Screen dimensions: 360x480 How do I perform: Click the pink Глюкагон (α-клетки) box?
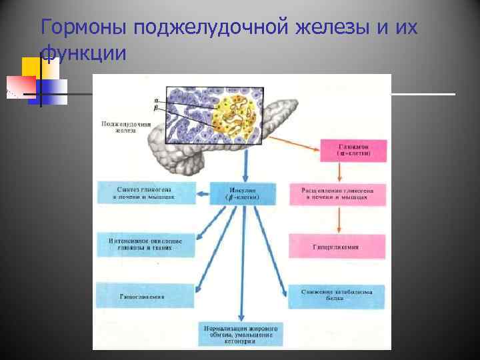pyautogui.click(x=353, y=150)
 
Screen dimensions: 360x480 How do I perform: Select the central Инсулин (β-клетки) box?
pyautogui.click(x=243, y=193)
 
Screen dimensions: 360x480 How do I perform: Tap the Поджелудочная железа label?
pyautogui.click(x=125, y=127)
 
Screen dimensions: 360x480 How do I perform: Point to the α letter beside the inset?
pyautogui.click(x=156, y=100)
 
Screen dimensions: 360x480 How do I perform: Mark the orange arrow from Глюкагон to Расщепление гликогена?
pyautogui.click(x=340, y=172)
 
